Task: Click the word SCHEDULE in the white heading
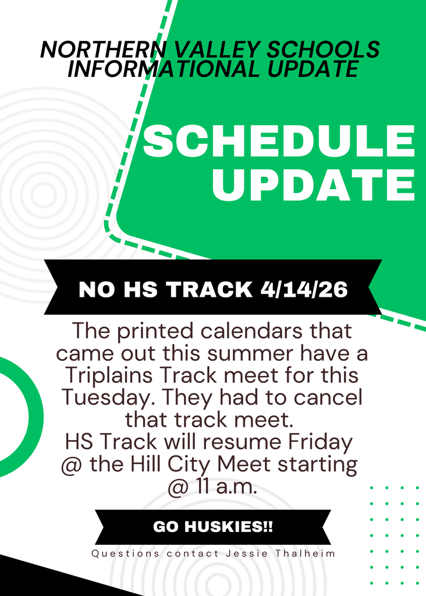pyautogui.click(x=279, y=141)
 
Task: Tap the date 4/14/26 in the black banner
pyautogui.click(x=304, y=289)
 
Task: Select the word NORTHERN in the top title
pyautogui.click(x=104, y=49)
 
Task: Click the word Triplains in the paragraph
pyautogui.click(x=109, y=376)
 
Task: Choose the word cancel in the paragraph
pyautogui.click(x=328, y=398)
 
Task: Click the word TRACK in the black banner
pyautogui.click(x=210, y=289)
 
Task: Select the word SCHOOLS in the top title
pyautogui.click(x=323, y=49)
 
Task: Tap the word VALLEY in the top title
pyautogui.click(x=217, y=49)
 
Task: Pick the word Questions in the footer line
pyautogui.click(x=125, y=554)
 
